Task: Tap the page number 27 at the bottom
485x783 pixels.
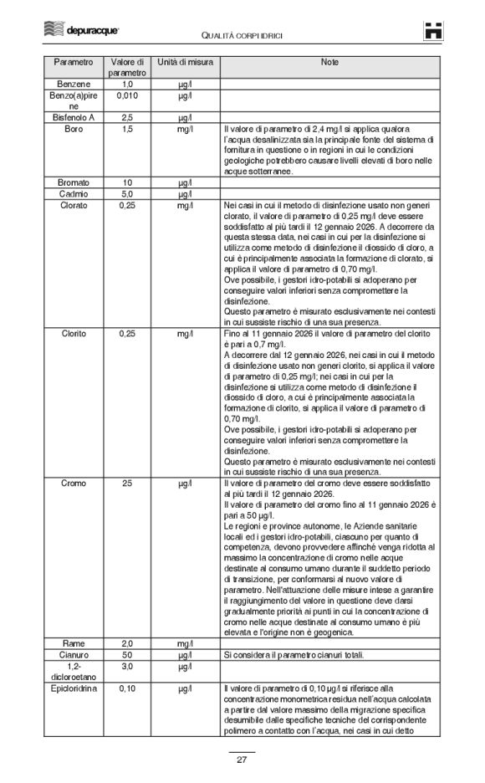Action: pos(242,759)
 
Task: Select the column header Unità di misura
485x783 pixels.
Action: pos(185,63)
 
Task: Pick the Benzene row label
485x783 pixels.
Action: pos(74,84)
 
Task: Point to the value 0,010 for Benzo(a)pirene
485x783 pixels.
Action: pos(127,96)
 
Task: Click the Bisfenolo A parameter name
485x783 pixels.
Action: pos(74,118)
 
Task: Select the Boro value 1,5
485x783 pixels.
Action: pos(127,130)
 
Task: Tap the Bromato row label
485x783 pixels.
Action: pos(74,182)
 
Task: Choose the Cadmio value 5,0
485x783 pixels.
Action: pos(127,193)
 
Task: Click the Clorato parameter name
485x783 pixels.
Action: pos(74,205)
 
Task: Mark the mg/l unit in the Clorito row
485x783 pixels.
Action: pos(185,333)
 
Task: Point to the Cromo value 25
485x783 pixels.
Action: pos(127,484)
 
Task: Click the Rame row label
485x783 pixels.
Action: pos(74,643)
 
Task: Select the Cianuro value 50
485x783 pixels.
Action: pos(127,654)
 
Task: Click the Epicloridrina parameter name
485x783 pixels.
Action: pos(74,688)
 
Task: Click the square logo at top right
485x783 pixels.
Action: pos(431,30)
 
